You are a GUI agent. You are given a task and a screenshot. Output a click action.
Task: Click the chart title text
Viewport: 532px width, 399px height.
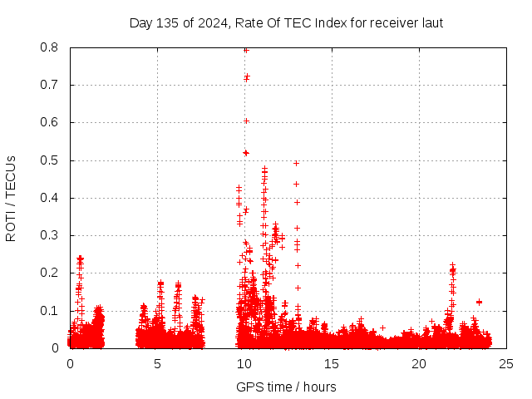pyautogui.click(x=286, y=22)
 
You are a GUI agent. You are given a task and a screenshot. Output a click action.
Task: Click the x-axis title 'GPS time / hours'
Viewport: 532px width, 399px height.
pyautogui.click(x=286, y=387)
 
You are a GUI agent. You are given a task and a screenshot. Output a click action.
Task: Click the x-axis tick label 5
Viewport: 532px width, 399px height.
pyautogui.click(x=157, y=363)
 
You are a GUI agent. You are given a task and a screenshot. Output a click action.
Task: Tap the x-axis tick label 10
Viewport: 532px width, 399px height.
pyautogui.click(x=244, y=363)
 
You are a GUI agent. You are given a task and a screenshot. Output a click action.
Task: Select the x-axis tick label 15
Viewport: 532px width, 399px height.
pyautogui.click(x=332, y=363)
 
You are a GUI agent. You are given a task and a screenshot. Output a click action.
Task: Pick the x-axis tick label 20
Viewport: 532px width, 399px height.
pyautogui.click(x=419, y=363)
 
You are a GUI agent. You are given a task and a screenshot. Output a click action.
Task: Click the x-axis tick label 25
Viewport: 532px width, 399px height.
pyautogui.click(x=506, y=363)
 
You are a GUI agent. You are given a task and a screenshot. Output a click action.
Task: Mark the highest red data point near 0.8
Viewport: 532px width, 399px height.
pyautogui.click(x=246, y=50)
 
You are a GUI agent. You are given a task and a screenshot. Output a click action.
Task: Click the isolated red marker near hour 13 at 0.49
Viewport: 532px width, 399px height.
pyautogui.click(x=296, y=163)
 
